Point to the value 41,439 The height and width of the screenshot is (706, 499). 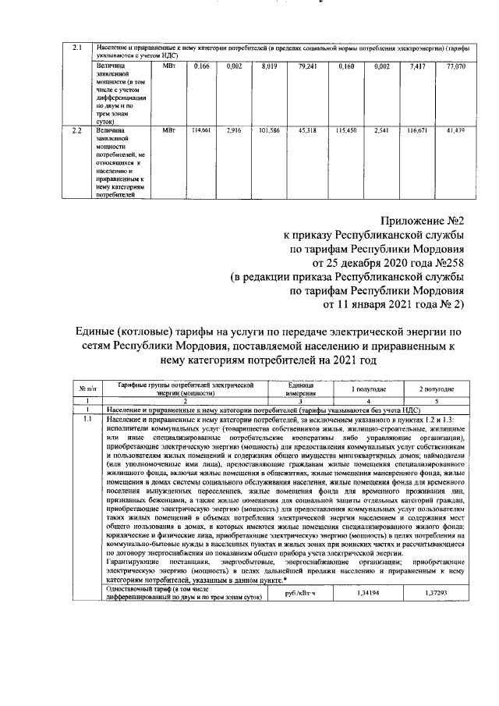(x=444, y=129)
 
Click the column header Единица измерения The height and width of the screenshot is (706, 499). (x=299, y=388)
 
